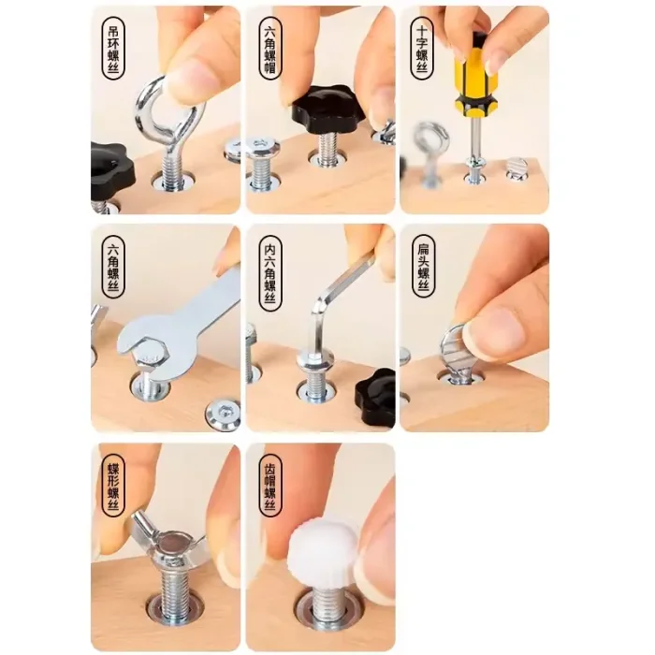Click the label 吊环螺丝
[113, 48]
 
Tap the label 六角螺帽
[270, 48]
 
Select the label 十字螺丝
[422, 48]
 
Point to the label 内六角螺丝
[270, 273]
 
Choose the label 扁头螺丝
[424, 267]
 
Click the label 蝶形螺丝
[113, 486]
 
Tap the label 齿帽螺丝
[270, 486]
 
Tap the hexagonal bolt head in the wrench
[149, 357]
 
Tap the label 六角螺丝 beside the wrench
[113, 267]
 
